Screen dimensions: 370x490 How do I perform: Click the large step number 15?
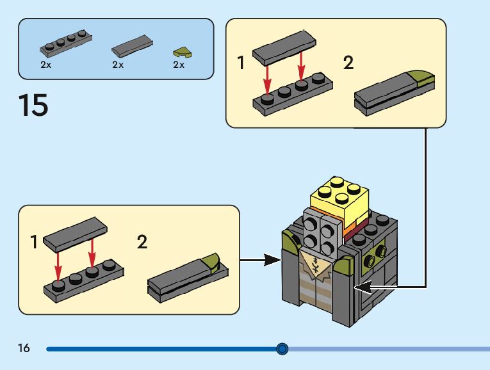tap(33, 104)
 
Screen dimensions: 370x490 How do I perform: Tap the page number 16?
tap(24, 348)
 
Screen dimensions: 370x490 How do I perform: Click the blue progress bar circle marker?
tap(282, 349)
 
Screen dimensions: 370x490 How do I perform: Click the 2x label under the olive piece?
tap(178, 65)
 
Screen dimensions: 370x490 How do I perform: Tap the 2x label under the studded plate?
tap(46, 65)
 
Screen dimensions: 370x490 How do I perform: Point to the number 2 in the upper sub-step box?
tap(348, 63)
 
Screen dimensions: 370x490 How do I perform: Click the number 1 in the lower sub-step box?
tap(34, 243)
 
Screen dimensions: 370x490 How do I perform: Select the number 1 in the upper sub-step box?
tap(241, 63)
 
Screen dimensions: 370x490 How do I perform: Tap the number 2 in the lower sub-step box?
tap(142, 242)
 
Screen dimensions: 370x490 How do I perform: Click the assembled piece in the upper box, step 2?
tap(395, 92)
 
